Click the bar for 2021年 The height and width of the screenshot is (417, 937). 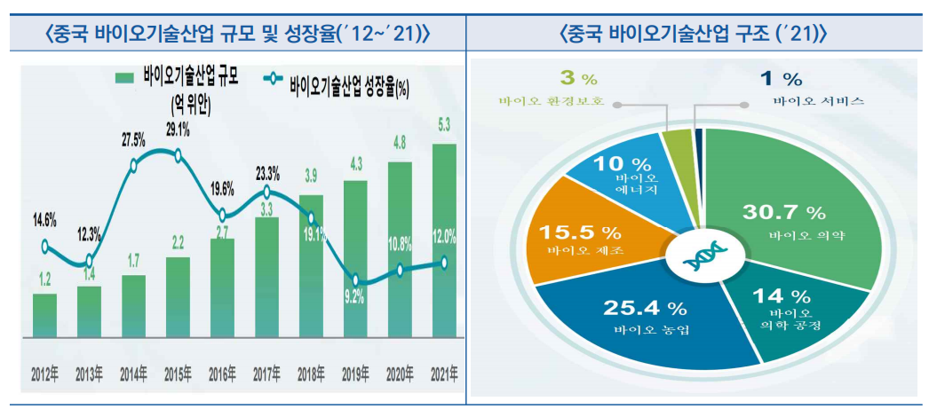tap(444, 240)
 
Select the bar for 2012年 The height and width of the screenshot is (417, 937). tap(44, 314)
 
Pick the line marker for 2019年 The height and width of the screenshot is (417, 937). tap(356, 279)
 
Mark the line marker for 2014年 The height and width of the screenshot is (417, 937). tap(133, 164)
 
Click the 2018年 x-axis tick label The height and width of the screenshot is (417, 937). tap(311, 374)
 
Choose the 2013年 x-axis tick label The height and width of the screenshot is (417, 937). tap(90, 374)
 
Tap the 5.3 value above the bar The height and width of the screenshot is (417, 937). tap(444, 124)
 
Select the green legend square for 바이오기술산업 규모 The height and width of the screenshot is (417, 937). tap(124, 79)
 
